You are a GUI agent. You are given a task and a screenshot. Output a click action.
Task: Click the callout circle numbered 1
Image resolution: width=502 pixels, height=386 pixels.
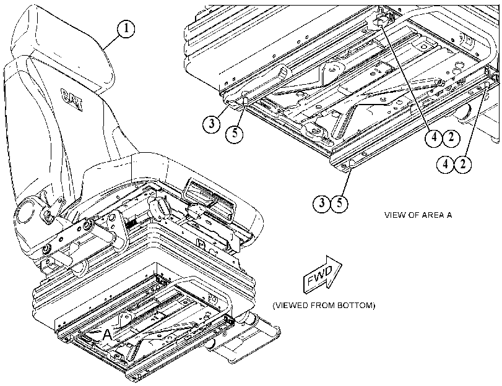coord(126,28)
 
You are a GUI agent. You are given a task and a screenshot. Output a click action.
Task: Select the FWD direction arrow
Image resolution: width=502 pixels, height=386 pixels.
coord(322,274)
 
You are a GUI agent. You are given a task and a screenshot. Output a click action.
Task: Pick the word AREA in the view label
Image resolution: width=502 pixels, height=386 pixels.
coord(432,215)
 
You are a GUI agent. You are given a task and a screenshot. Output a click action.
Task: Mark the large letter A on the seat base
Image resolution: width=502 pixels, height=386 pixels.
coord(107,334)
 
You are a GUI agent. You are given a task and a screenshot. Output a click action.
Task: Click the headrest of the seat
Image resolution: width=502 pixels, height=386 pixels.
coord(63,48)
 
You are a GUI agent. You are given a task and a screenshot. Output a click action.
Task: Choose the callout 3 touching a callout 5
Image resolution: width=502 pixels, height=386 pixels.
coord(321,203)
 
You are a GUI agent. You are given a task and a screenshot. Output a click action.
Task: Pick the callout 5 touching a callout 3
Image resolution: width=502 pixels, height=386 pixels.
coord(339,203)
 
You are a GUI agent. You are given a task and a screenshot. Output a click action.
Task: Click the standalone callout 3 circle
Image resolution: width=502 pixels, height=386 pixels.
coord(212,123)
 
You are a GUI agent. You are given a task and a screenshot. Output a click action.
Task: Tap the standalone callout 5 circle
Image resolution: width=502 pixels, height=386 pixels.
coord(235,133)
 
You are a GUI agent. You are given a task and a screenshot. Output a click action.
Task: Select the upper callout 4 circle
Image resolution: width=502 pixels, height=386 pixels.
coord(434,137)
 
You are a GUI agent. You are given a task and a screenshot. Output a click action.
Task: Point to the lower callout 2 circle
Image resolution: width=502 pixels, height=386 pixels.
coord(463,164)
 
